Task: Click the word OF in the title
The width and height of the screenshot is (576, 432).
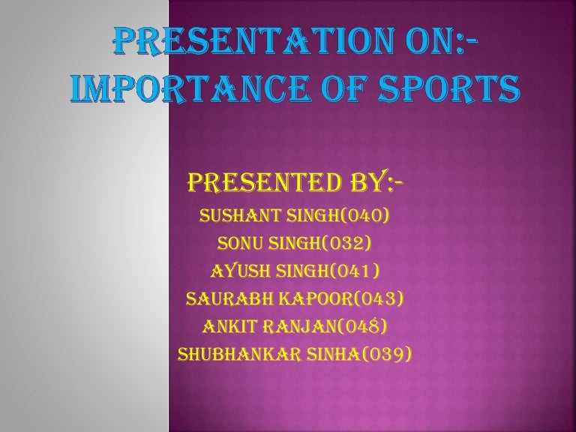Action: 331,91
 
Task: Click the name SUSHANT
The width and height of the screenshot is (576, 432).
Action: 237,217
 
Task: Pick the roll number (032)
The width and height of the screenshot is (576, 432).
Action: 343,244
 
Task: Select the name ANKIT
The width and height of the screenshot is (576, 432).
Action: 229,326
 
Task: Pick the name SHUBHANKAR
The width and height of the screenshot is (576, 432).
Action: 234,354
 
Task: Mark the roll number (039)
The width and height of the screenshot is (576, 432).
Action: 387,354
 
